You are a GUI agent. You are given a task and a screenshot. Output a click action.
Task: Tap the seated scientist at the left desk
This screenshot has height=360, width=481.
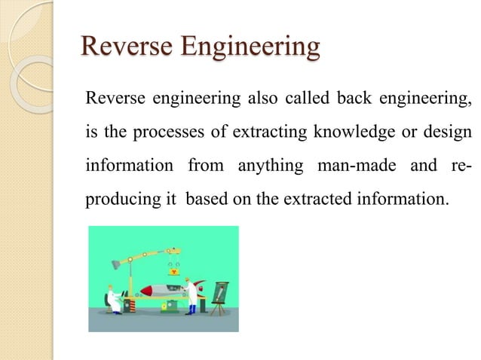[112, 298]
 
